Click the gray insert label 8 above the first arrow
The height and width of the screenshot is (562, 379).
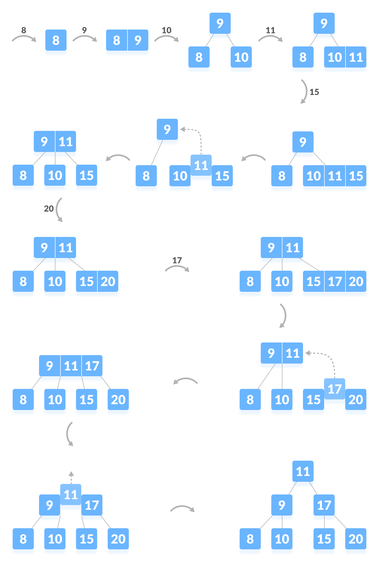24,30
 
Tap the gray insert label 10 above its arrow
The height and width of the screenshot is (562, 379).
167,30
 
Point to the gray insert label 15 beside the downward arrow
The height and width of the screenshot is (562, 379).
314,92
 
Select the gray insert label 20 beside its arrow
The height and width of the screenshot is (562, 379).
49,209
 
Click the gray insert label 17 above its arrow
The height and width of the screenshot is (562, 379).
177,260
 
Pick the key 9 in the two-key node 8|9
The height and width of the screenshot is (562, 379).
138,40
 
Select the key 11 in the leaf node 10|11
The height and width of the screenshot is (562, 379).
356,57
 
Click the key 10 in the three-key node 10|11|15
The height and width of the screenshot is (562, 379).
314,176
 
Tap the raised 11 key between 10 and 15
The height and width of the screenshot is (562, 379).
201,166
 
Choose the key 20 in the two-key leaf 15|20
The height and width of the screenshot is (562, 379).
108,282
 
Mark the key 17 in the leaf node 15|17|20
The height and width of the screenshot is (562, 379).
335,282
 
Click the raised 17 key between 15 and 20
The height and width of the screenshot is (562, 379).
335,389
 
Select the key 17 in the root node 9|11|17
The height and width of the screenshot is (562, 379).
92,366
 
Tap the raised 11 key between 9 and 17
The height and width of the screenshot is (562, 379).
71,495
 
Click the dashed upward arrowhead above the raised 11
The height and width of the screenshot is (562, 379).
71,474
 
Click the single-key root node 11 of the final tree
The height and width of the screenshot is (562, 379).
303,471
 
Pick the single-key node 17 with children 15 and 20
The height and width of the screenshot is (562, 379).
324,505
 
